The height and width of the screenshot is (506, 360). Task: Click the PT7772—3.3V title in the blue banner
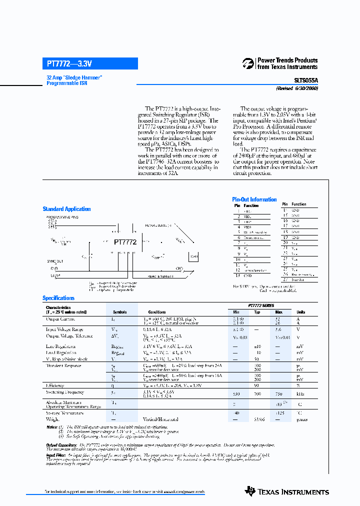69,63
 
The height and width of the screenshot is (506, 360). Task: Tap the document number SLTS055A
305,79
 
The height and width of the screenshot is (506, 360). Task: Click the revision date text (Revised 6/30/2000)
297,88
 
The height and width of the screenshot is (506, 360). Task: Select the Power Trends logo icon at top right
248,63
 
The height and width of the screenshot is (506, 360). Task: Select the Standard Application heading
66,209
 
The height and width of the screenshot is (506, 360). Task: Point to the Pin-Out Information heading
254,199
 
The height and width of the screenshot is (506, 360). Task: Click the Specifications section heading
58,298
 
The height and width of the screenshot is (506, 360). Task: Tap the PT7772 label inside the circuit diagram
125,242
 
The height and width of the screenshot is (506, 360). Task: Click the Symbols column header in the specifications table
120,312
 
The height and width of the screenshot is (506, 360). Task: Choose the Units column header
300,312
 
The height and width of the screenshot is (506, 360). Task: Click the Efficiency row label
55,386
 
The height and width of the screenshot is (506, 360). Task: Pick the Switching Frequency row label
65,392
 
